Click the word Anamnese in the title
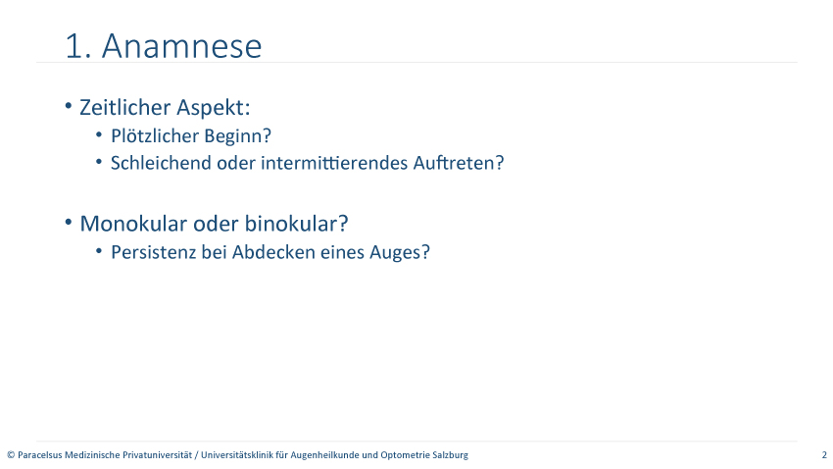[x=181, y=46]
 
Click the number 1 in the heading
[x=73, y=46]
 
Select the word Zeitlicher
[x=125, y=107]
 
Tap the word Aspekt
[x=213, y=108]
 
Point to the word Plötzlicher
[x=155, y=135]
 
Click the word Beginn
[x=237, y=136]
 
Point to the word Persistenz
[x=154, y=252]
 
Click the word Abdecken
[x=273, y=252]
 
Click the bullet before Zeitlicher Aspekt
[x=68, y=106]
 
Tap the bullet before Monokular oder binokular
[x=68, y=223]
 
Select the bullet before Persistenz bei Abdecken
[x=99, y=251]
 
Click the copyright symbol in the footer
[x=11, y=455]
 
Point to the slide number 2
[x=824, y=455]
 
